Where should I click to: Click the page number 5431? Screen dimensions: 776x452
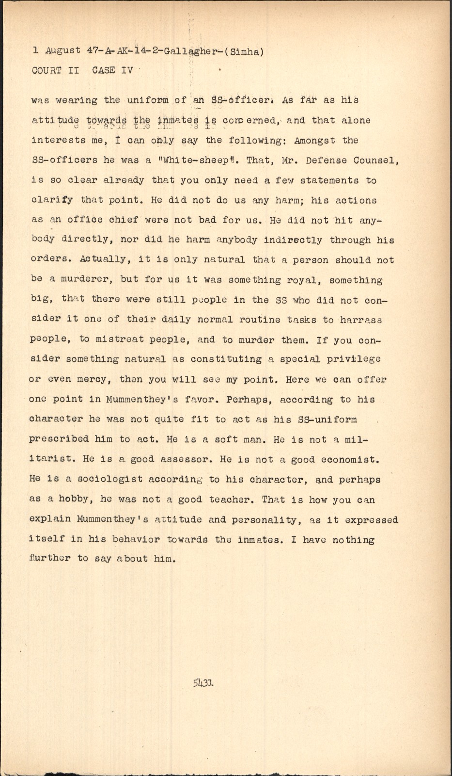(203, 683)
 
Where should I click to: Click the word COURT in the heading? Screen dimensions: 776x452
(47, 70)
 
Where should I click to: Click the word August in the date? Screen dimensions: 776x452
(63, 50)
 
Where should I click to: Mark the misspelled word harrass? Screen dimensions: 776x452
(361, 320)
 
